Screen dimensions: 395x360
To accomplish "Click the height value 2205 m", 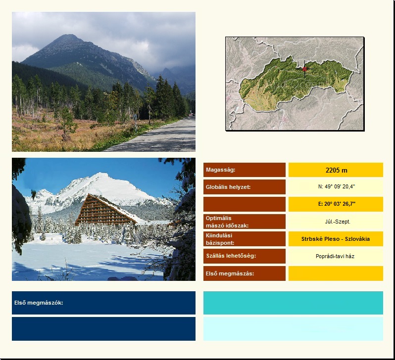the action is point(336,171).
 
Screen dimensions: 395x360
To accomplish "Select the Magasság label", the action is point(220,170).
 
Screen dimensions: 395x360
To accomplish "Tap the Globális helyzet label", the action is point(228,187).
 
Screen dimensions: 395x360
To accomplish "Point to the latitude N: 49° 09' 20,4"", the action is point(336,186).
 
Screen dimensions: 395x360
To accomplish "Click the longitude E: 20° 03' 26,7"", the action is point(337,204).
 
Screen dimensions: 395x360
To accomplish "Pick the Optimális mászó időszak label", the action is point(227,222).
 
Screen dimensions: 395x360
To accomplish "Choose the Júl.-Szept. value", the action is point(338,222).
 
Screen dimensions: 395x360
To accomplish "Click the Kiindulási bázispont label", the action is point(220,239).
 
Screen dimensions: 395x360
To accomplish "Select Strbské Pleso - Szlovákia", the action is point(336,239).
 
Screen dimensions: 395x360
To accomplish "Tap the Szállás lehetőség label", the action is point(231,256).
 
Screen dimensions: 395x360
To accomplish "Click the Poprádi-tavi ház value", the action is point(335,256).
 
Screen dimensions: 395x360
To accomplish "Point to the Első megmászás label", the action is point(230,273).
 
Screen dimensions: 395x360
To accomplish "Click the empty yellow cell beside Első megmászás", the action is point(336,273).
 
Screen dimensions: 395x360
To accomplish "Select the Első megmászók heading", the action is point(39,303).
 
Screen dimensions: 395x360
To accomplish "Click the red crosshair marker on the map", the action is point(304,69).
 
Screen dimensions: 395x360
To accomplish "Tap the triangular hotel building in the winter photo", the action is point(106,210).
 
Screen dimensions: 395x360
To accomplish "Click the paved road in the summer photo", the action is point(161,137).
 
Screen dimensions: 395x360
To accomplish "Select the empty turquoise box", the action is point(293,303).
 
